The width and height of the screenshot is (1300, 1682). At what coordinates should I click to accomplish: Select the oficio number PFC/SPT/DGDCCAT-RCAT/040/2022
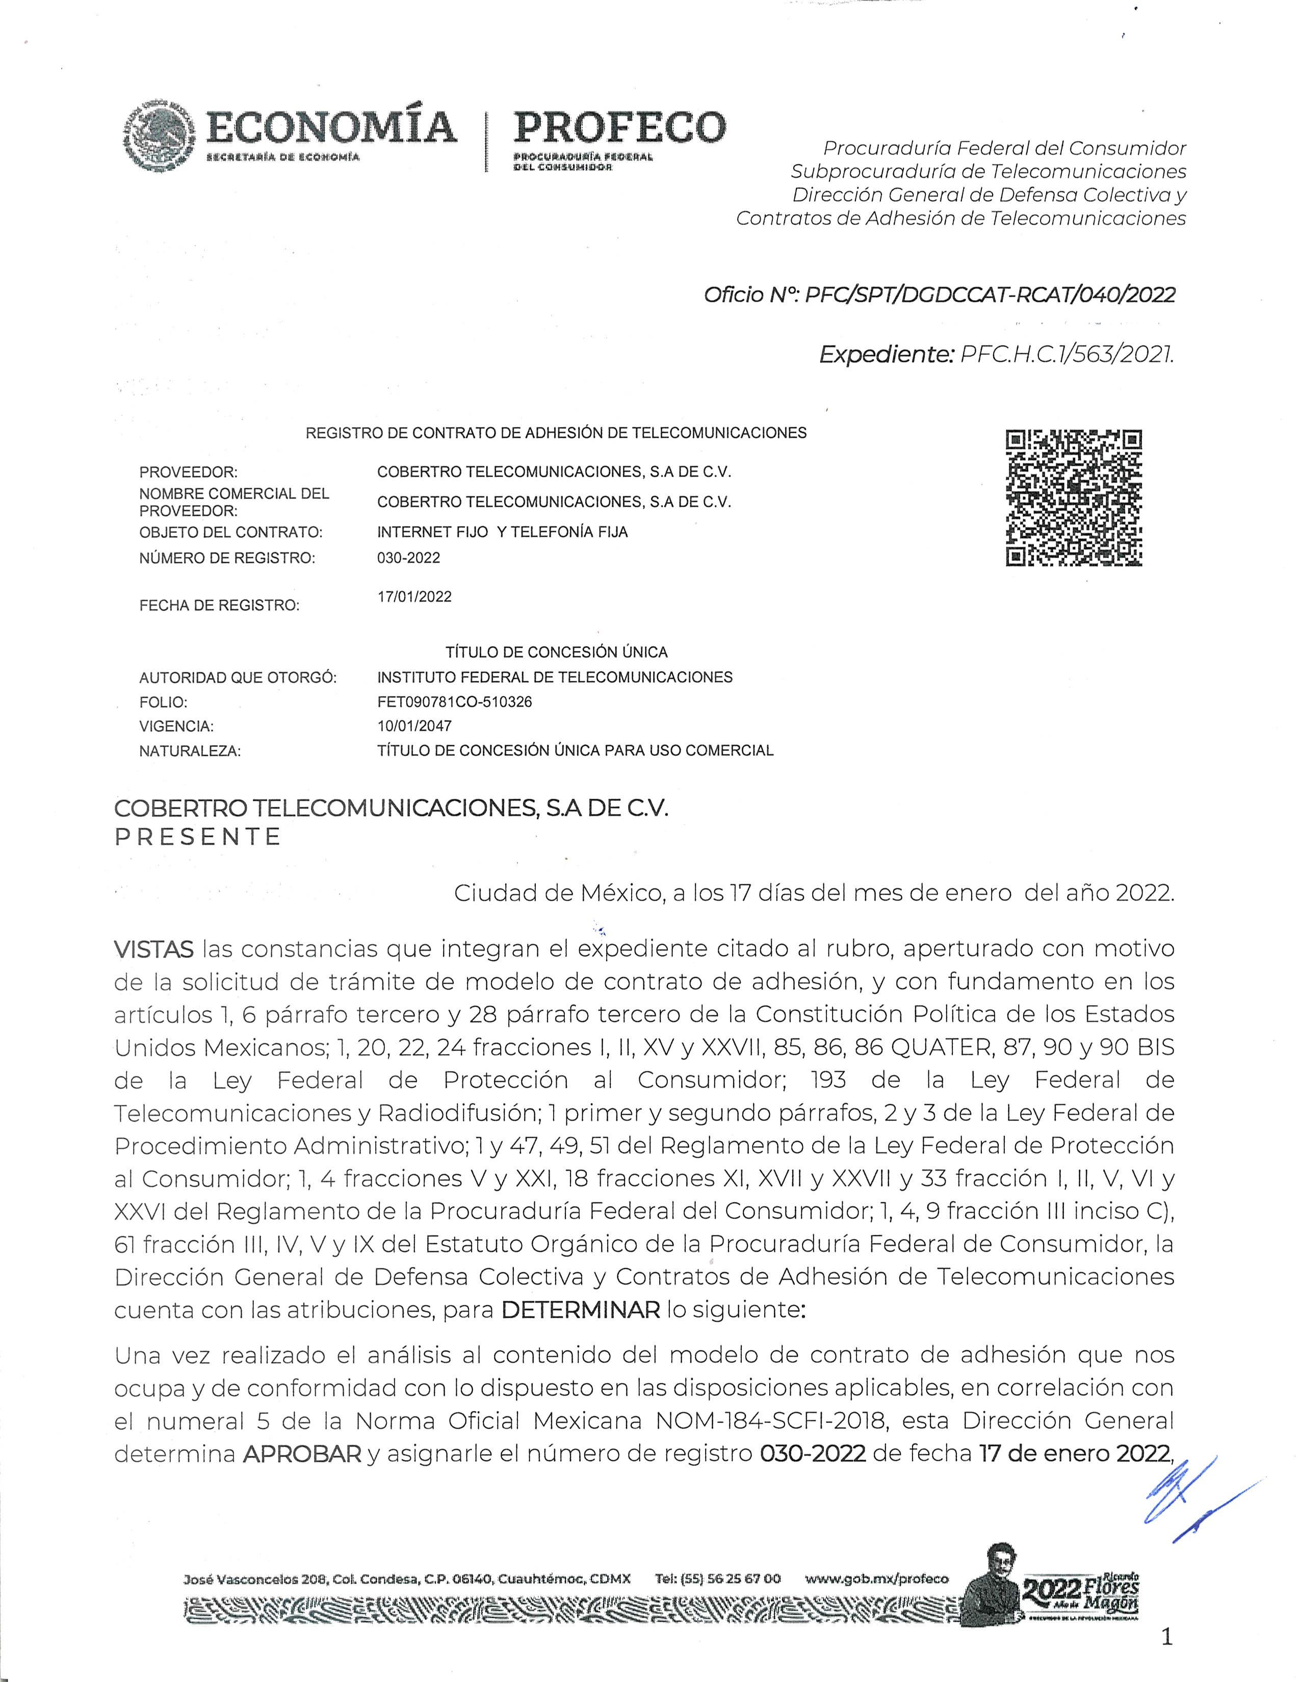(x=990, y=295)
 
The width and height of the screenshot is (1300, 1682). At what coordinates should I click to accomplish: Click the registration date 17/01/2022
(x=414, y=597)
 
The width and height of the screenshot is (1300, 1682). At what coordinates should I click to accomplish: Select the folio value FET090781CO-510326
(x=454, y=702)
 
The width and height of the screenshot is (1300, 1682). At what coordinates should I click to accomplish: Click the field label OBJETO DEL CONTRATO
(x=230, y=532)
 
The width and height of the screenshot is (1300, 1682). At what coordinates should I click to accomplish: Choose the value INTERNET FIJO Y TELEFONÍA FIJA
(x=502, y=532)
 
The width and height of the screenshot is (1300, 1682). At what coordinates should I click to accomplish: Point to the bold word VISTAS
(x=153, y=950)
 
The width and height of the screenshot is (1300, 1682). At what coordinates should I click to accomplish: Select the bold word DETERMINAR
(x=581, y=1309)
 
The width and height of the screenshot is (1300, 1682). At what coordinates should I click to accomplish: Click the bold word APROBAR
(x=302, y=1454)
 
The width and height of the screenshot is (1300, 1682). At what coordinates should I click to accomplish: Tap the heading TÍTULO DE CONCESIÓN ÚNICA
(x=556, y=652)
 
